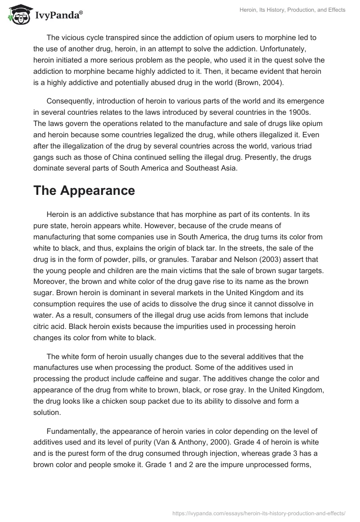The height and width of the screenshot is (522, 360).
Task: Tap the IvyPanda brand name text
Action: click(58, 16)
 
